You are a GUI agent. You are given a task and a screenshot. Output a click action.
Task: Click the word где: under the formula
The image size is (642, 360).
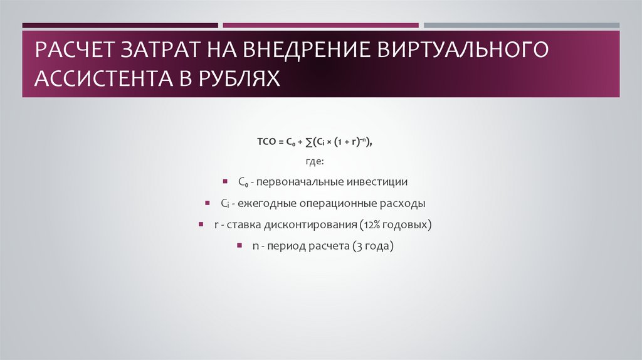[315, 161]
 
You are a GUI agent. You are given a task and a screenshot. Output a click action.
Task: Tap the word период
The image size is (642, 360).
[287, 246]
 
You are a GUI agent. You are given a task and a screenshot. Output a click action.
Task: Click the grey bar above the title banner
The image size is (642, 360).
[522, 25]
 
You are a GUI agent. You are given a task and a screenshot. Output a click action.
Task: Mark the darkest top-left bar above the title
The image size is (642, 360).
[120, 25]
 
